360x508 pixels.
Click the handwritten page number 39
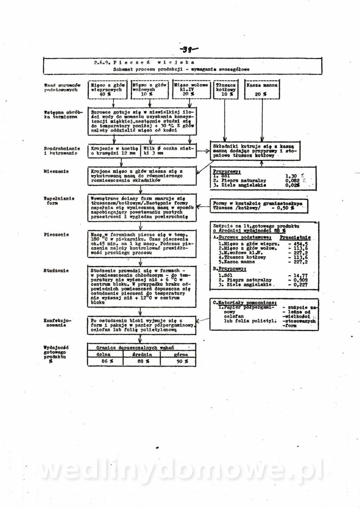189,50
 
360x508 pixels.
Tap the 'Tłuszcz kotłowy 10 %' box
225,90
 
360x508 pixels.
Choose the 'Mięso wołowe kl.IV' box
191,90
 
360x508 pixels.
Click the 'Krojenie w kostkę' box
114,150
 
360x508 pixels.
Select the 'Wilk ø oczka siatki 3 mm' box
169,150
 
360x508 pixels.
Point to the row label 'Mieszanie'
53,172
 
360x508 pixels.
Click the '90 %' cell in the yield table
180,361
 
